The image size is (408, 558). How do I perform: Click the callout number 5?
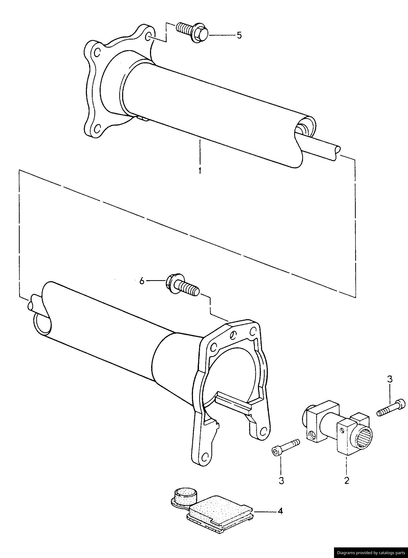[239, 35]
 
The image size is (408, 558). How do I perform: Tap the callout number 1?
[200, 171]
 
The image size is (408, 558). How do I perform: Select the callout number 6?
[142, 281]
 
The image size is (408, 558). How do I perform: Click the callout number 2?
[346, 480]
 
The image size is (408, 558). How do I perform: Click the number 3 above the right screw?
[390, 379]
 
